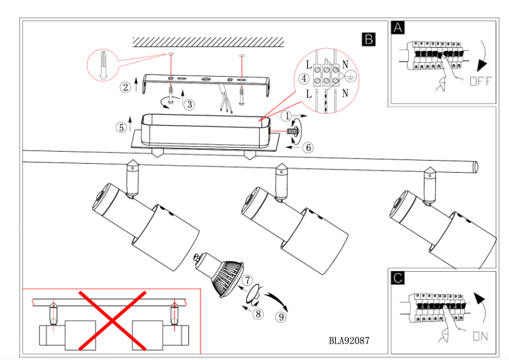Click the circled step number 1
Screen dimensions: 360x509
[287, 116]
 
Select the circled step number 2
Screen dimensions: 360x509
[126, 86]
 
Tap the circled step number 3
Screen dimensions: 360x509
[189, 104]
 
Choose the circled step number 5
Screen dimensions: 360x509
[121, 127]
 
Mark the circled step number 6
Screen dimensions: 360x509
[308, 147]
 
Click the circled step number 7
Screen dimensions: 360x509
[248, 279]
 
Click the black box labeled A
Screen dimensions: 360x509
[398, 28]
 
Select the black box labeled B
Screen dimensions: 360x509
[367, 39]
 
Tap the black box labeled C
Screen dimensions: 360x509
[398, 277]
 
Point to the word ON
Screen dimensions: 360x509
[480, 337]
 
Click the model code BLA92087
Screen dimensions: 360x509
[349, 340]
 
